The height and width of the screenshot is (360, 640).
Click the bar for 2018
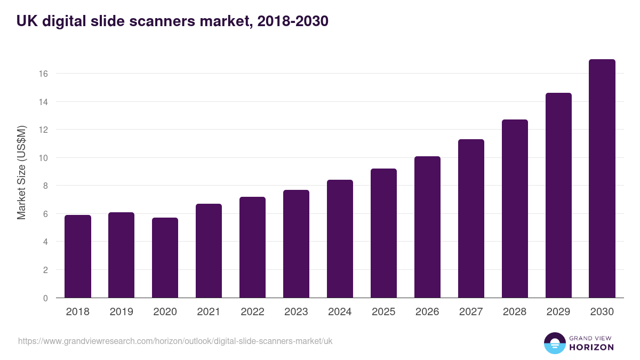(78, 257)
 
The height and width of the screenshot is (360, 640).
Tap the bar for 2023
(296, 244)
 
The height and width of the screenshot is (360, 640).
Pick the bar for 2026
(427, 227)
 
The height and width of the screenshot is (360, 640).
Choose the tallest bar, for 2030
(602, 179)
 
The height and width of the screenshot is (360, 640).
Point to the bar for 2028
(515, 209)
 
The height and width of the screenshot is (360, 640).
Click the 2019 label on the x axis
(122, 312)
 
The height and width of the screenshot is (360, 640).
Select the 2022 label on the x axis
(252, 312)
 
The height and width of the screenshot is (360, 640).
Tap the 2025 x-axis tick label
(383, 312)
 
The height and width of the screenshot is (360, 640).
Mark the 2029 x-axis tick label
(558, 312)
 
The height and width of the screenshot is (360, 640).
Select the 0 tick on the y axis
(45, 298)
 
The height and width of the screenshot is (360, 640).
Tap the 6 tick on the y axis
(45, 214)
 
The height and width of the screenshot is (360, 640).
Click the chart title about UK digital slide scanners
(172, 21)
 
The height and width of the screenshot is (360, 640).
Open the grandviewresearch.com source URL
(175, 341)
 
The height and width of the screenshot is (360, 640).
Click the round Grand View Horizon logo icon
(555, 343)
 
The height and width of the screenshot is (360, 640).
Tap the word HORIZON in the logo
(591, 347)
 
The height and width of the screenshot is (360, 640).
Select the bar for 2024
(340, 239)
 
